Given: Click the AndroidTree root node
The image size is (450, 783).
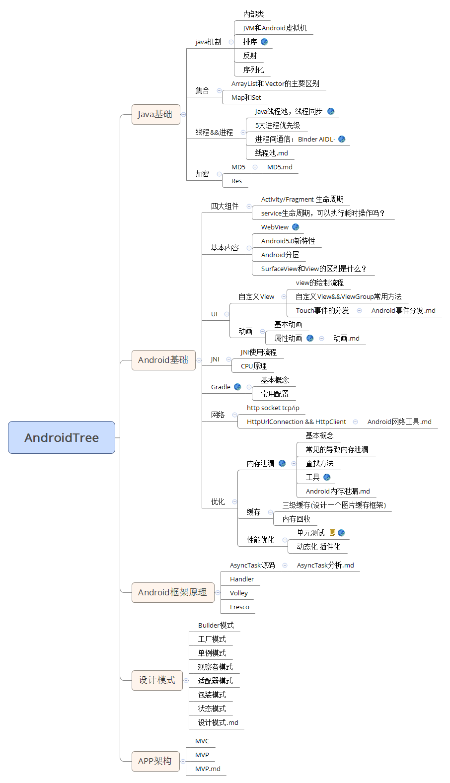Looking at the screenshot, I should pos(62,437).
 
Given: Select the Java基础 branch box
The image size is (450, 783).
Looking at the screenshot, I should pos(155,114).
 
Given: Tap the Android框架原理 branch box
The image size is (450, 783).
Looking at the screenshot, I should pos(172,592).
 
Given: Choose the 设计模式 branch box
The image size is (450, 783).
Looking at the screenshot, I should pos(156,680).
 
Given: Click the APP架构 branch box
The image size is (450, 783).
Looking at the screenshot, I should pos(155,761).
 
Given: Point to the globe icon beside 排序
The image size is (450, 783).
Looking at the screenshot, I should pos(264,42).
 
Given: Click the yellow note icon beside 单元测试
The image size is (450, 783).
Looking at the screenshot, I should pos(332,533).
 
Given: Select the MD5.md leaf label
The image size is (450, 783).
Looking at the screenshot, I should pos(280,167).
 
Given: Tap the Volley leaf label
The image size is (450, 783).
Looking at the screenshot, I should pos(239,593).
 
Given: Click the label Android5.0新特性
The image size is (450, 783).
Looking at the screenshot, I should pos(288,241).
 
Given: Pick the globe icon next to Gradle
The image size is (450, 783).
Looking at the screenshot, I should pos(237,387).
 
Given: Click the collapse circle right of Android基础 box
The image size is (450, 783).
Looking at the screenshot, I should pos(199,360).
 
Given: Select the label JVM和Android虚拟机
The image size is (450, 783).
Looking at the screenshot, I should pos(275,28).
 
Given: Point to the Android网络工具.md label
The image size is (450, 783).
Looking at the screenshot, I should pos(399,422).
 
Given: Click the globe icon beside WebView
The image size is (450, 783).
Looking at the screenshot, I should pos(296,227).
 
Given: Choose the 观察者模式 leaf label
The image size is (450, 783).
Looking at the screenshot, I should pos(215,667).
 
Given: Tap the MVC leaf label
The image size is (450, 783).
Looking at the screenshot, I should pos(202,741).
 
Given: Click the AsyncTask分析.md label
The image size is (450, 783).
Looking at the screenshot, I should pos(325,565).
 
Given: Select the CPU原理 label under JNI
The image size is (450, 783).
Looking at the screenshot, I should pos(254,366).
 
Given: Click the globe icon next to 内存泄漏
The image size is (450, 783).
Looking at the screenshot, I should pos(282,463).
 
